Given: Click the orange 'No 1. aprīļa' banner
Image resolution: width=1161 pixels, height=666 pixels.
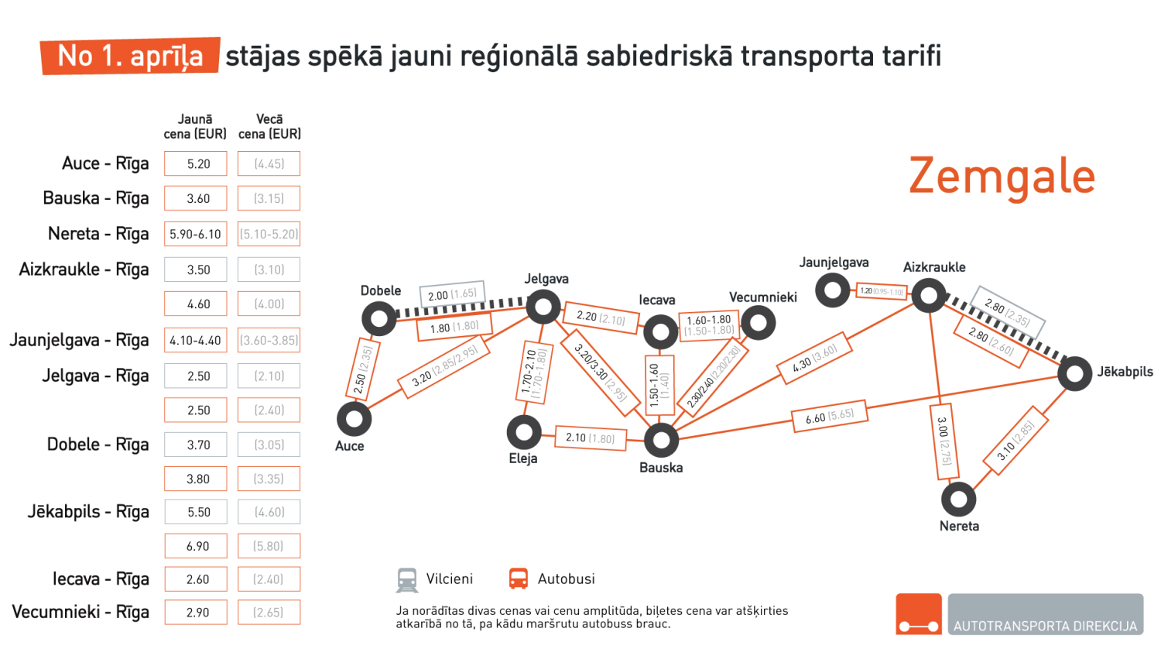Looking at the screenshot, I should tap(130, 56).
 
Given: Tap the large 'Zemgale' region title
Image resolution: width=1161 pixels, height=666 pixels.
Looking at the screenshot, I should tap(1002, 177).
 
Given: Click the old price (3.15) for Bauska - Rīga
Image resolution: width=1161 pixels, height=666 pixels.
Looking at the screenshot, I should tap(269, 198).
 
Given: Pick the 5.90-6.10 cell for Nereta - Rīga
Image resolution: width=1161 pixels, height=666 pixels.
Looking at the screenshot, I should tap(196, 234).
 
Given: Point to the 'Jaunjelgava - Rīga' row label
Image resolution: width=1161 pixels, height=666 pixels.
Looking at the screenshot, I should tap(79, 340).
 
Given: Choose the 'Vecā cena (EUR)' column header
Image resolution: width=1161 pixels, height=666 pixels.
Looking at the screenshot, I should tap(269, 126).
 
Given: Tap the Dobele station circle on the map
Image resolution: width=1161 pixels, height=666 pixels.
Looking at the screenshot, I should tap(379, 318).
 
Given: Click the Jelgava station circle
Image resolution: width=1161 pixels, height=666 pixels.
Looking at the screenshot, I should tap(543, 307).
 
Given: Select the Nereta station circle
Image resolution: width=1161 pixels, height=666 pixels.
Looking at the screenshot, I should tap(958, 499).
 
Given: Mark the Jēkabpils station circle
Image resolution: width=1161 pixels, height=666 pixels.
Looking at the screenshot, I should tap(1074, 374).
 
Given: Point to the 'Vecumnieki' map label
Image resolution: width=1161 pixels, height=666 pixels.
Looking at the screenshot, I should tap(762, 297).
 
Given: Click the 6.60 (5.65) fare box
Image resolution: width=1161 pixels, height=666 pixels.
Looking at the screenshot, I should tap(830, 417).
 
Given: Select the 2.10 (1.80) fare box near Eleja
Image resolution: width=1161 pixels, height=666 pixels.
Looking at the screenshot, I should tap(590, 438).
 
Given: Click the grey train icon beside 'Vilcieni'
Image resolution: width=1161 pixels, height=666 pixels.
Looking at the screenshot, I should tap(407, 579).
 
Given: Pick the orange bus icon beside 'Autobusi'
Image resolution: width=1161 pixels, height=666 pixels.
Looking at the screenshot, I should tap(518, 579).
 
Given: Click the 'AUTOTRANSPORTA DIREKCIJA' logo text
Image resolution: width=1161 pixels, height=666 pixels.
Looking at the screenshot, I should tap(1045, 626).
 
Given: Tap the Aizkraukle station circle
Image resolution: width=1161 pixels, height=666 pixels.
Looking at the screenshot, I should tap(928, 295).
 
